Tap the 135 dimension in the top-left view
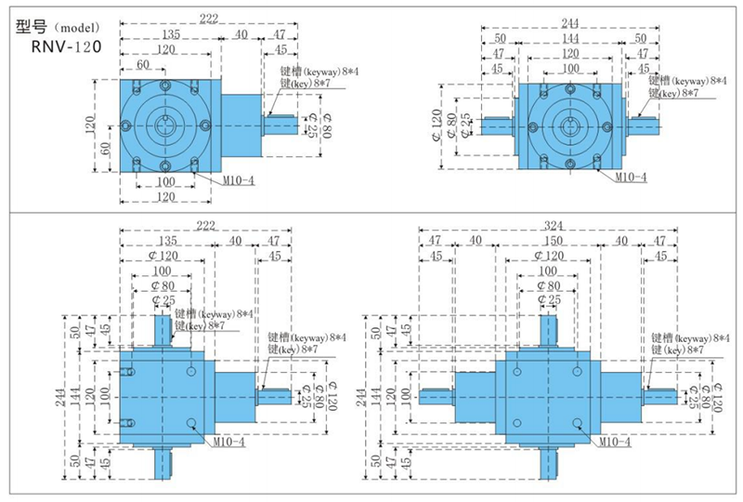coord(167,33)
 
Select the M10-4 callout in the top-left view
coord(237,179)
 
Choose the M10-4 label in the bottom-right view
coord(612,442)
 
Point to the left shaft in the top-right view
coord(498,125)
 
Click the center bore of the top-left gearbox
coord(167,125)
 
